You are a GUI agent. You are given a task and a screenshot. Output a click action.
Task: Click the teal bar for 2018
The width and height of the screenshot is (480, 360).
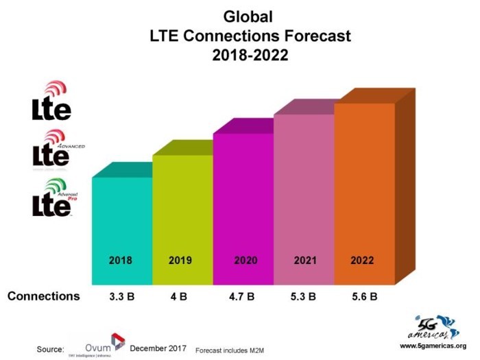[121, 219]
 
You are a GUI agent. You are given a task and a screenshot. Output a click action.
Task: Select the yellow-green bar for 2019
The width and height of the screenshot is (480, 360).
[182, 206]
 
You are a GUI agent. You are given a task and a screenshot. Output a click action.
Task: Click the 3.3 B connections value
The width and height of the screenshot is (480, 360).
[121, 297]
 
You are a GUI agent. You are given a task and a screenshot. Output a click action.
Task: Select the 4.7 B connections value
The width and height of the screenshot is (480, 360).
[241, 297]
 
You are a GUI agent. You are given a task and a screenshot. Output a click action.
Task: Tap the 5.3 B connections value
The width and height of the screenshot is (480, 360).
[302, 297]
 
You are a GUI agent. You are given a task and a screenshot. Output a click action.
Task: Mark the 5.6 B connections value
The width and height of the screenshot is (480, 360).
[363, 297]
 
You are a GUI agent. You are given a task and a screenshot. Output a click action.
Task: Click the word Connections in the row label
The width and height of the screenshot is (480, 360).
[44, 296]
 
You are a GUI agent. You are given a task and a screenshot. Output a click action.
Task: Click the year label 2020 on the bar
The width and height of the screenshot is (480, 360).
[245, 261]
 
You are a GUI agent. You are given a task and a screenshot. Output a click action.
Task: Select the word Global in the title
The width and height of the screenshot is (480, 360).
[249, 16]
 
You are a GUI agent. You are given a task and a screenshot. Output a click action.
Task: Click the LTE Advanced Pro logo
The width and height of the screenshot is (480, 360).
[52, 198]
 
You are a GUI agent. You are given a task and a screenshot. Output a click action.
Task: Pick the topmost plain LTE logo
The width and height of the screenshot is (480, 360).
[52, 101]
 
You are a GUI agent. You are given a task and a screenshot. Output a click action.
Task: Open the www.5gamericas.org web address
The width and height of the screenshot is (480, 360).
[433, 345]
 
